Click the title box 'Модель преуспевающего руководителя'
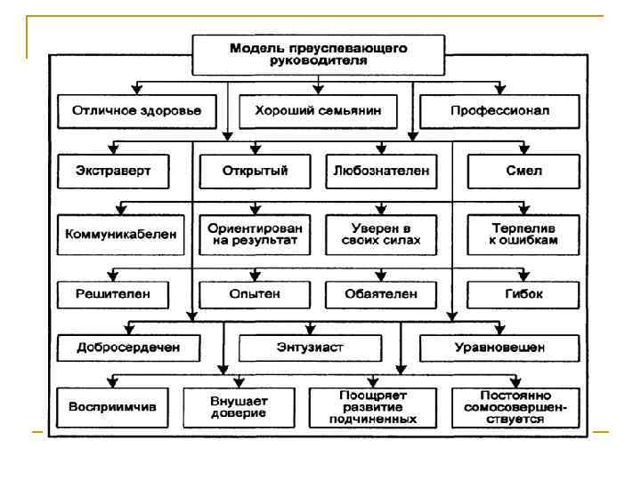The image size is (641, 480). point(318,53)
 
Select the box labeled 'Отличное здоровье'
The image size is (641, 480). point(136,112)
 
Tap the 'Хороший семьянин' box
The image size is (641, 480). point(318,112)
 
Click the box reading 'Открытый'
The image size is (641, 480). point(256,171)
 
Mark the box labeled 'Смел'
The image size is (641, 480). point(523,171)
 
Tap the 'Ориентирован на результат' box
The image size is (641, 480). point(256,234)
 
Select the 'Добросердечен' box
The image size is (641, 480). point(130,347)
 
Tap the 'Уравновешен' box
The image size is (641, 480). point(495,347)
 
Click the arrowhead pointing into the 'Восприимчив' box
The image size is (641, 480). point(112,384)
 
